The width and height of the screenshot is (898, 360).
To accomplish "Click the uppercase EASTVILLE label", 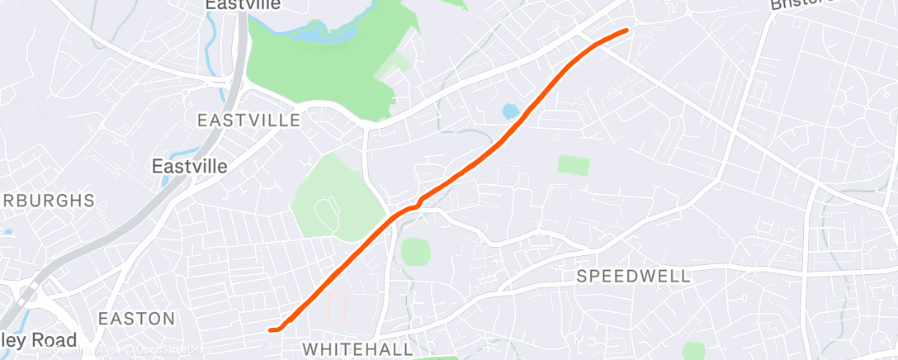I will point(248,121).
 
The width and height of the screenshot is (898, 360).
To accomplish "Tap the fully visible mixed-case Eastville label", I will point(190,166).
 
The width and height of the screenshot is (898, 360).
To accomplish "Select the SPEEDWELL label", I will point(633,276).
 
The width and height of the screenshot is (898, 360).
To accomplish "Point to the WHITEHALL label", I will point(357,350).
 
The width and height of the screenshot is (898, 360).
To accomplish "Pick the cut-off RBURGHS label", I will point(48,201).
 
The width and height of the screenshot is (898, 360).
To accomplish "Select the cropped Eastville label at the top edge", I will point(243,5).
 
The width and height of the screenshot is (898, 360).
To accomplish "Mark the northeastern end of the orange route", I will point(626,31).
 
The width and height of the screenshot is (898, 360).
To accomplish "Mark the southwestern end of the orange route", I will point(271,330).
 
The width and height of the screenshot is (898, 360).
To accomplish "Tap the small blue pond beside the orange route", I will point(510,111).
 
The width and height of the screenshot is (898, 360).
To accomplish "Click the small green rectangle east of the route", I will point(574,164).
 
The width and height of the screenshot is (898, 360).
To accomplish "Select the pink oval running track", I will point(336,307).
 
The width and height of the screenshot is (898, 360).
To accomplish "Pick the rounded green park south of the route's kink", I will point(416,251).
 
